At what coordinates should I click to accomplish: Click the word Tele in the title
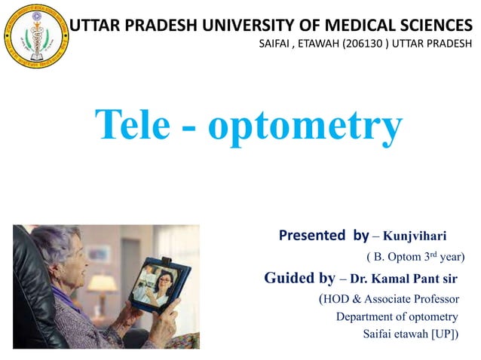click(x=139, y=125)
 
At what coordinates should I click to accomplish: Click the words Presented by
click(x=323, y=235)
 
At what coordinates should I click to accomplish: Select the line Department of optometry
click(x=397, y=316)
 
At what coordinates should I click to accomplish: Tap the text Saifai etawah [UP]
click(x=409, y=334)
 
